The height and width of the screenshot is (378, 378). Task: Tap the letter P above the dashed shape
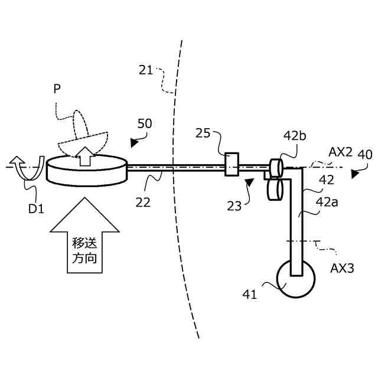[x=57, y=89]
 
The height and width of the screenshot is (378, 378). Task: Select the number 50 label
[x=144, y=124]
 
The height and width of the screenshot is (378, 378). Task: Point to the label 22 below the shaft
[x=142, y=202]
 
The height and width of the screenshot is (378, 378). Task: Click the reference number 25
[x=203, y=134]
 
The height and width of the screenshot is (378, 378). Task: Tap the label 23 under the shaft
[x=234, y=206]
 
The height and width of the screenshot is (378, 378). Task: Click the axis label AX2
[x=341, y=152]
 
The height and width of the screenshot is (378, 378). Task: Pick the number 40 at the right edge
[x=365, y=155]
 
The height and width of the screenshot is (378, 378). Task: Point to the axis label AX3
[x=342, y=267]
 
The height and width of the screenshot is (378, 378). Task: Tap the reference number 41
[x=250, y=294]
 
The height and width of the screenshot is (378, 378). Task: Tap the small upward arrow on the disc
[x=85, y=155]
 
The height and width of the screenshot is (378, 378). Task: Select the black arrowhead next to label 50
[x=136, y=142]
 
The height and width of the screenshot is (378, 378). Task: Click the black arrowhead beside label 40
[x=354, y=174]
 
